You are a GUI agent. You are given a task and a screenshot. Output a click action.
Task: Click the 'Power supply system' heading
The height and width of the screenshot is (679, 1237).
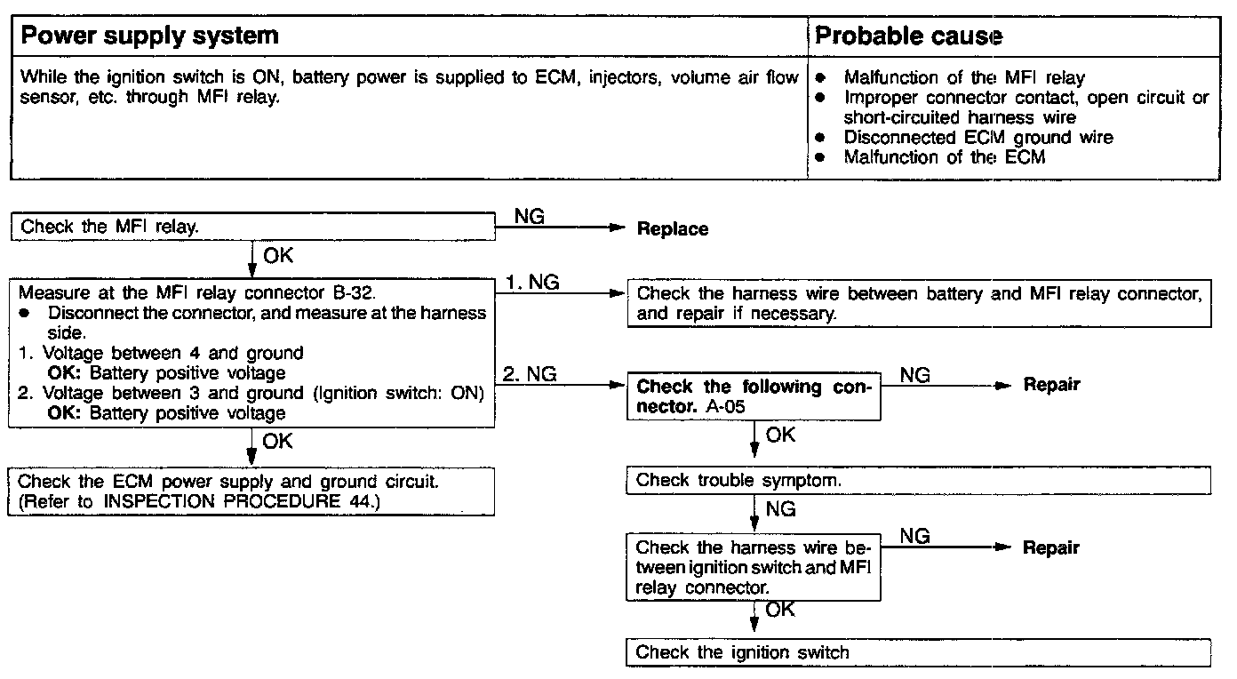(x=149, y=36)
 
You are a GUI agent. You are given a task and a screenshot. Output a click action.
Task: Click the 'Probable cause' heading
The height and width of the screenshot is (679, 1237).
(x=908, y=36)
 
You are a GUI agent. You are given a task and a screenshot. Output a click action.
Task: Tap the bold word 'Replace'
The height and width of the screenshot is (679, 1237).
(x=673, y=229)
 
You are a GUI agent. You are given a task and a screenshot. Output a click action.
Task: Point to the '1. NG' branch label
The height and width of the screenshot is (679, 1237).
(x=533, y=282)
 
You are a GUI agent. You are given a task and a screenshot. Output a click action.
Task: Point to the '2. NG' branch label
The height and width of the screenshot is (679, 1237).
(x=531, y=374)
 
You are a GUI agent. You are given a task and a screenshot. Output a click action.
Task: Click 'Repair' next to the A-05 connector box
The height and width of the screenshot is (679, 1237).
(x=1051, y=385)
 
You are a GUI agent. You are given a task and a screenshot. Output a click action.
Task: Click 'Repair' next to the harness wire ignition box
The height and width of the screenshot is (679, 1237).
(x=1051, y=547)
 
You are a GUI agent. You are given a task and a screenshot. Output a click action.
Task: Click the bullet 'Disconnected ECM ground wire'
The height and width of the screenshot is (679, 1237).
(x=978, y=138)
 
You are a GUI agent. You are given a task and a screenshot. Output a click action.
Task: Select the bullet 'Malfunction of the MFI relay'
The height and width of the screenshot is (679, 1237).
(x=964, y=78)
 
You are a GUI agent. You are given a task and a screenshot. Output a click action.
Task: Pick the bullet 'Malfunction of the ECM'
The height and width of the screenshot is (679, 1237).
(x=944, y=157)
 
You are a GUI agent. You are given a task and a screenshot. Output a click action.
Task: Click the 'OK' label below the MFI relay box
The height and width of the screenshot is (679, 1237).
(x=277, y=257)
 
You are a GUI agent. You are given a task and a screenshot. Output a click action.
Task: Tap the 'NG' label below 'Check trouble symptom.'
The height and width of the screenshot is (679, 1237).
(x=779, y=509)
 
